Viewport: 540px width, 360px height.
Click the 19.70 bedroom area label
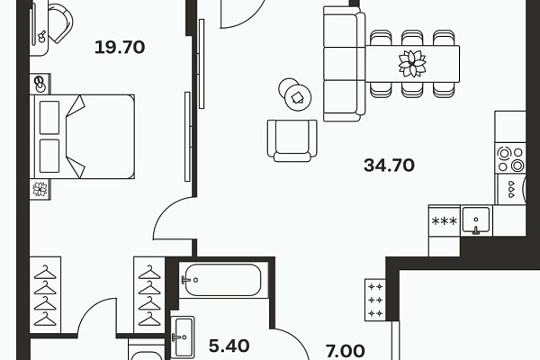pos(120,47)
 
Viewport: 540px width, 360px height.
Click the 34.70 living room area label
pos(389,165)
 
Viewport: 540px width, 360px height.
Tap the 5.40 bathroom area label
pos(229,346)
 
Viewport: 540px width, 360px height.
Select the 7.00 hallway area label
pos(345,351)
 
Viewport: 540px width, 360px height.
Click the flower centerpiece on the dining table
pos(412,63)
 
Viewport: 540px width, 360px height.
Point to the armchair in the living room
pos(292,140)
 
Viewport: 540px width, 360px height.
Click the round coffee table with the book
pos(298,98)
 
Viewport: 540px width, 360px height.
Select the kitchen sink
pos(476,220)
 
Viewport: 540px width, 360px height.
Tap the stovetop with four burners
pos(510,158)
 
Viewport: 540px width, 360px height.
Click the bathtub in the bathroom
pos(223,280)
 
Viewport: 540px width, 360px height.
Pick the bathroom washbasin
pos(184,337)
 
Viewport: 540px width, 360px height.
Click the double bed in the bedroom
pos(82,137)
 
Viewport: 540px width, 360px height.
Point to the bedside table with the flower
pos(40,189)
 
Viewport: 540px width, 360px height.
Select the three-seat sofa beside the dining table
pos(345,64)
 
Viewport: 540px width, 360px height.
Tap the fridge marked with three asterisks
pos(445,220)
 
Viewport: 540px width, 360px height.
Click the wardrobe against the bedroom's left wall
pos(45,295)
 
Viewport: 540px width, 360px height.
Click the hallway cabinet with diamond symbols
pos(375,300)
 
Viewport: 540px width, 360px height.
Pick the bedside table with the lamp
pos(40,84)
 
